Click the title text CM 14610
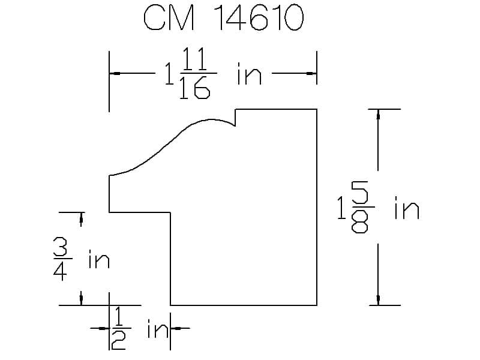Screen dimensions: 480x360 click(224, 18)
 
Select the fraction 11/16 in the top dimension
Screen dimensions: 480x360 click(197, 73)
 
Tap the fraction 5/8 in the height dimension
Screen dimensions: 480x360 click(361, 207)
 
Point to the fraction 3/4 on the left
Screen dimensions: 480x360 click(61, 259)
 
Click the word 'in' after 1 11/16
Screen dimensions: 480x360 click(249, 74)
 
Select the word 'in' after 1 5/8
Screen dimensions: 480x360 click(407, 208)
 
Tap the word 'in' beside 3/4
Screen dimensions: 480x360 click(99, 259)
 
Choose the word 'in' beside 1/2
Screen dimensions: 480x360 click(158, 328)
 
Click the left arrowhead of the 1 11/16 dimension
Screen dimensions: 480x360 click(115, 73)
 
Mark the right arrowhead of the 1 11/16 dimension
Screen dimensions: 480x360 click(311, 73)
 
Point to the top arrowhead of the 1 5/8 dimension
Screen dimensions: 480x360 click(378, 115)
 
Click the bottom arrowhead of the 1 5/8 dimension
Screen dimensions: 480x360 click(378, 299)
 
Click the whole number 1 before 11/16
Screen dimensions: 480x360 click(169, 74)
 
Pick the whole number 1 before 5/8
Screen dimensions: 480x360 click(341, 208)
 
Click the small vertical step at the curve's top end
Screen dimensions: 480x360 click(235, 117)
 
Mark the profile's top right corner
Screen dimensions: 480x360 click(317, 109)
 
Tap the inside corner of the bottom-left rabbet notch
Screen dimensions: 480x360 click(170, 212)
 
